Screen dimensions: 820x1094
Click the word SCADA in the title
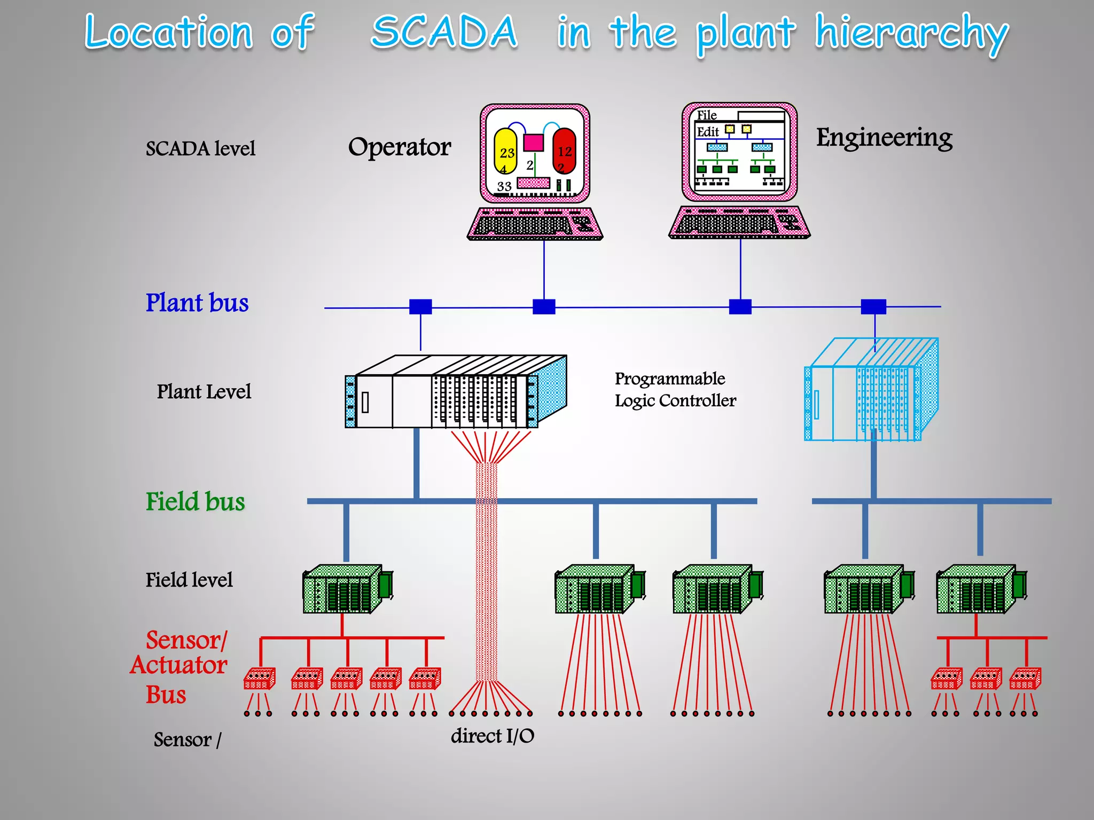444,32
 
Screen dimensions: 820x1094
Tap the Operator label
399,147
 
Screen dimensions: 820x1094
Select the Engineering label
884,138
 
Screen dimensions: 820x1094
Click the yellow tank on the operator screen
505,151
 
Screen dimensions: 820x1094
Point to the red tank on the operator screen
564,151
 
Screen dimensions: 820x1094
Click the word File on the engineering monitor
707,115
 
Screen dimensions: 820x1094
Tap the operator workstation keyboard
535,224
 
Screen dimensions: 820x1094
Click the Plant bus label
197,303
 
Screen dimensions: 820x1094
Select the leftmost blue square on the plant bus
420,306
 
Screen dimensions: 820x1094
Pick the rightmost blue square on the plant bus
873,306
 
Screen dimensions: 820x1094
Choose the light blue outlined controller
871,390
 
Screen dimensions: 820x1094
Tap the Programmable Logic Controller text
675,390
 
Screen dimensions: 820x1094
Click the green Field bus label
196,502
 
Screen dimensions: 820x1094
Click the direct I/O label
492,736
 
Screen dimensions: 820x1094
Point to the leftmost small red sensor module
260,679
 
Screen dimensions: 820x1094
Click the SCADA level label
200,149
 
